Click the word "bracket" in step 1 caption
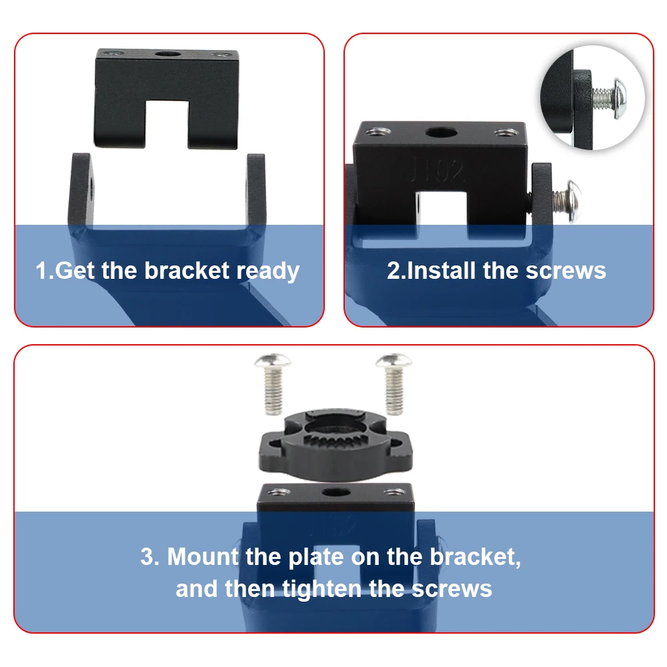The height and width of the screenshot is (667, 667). [x=187, y=271]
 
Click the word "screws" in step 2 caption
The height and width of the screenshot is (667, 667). [x=566, y=271]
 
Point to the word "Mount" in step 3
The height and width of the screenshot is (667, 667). [x=203, y=556]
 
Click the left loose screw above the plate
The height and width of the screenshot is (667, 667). [x=273, y=383]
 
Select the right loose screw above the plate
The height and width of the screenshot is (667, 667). [x=394, y=383]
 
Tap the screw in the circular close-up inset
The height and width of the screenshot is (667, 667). [x=609, y=98]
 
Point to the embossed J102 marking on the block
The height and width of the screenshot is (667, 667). [x=435, y=170]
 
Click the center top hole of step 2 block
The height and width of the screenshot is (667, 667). [x=441, y=133]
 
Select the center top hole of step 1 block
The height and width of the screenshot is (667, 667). [x=167, y=54]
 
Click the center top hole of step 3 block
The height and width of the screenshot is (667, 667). [x=336, y=493]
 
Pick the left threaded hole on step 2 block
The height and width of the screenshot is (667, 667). [x=378, y=131]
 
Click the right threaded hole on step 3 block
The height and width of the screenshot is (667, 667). [x=395, y=492]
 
